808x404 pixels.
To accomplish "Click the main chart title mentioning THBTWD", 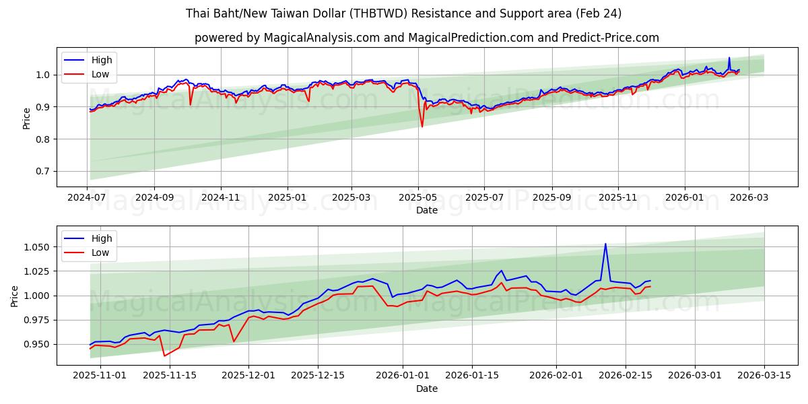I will tap(403, 13).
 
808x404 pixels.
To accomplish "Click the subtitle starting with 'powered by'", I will tap(426, 38).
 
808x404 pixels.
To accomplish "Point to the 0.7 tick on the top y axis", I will tap(42, 172).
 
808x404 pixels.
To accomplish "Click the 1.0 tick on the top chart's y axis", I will tap(42, 75).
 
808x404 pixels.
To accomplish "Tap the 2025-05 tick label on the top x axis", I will tap(418, 197).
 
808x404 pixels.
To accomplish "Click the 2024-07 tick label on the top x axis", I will tap(88, 197).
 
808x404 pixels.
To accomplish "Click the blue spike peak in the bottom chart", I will tap(605, 244).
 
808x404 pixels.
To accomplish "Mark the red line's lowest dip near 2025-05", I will tap(422, 127).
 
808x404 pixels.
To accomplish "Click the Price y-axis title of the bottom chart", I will tap(15, 296).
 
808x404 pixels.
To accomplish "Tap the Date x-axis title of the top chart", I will tap(426, 210).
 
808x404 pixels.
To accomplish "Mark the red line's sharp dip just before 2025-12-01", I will tap(234, 341).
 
